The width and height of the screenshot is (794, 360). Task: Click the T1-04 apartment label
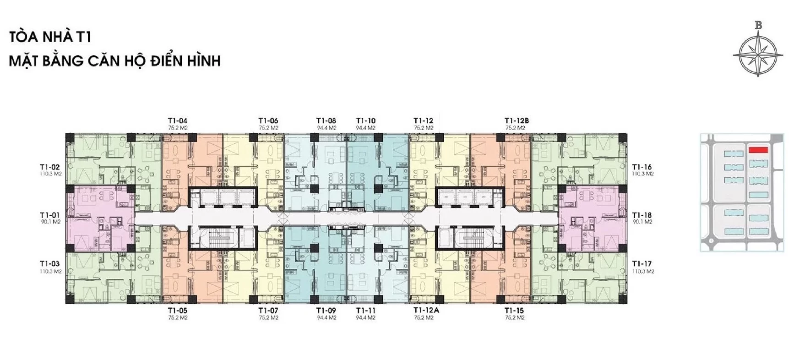[x=178, y=121]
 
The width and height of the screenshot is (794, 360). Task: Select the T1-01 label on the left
[x=50, y=215]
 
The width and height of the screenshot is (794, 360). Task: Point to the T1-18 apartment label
[x=642, y=215]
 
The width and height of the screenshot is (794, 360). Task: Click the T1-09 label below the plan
[x=326, y=311]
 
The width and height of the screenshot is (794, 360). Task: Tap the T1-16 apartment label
[x=642, y=167]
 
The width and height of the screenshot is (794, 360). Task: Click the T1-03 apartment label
[x=50, y=264]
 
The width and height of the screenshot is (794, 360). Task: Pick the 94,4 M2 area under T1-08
[x=326, y=128]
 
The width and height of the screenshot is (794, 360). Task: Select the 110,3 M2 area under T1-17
[x=643, y=271]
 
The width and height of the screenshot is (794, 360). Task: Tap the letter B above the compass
[x=759, y=26]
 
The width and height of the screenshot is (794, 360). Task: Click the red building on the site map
[x=758, y=149]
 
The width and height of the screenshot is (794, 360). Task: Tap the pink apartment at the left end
[x=100, y=218]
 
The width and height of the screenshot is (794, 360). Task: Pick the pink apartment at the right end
[x=592, y=218]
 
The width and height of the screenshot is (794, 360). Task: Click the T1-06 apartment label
[x=268, y=121]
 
